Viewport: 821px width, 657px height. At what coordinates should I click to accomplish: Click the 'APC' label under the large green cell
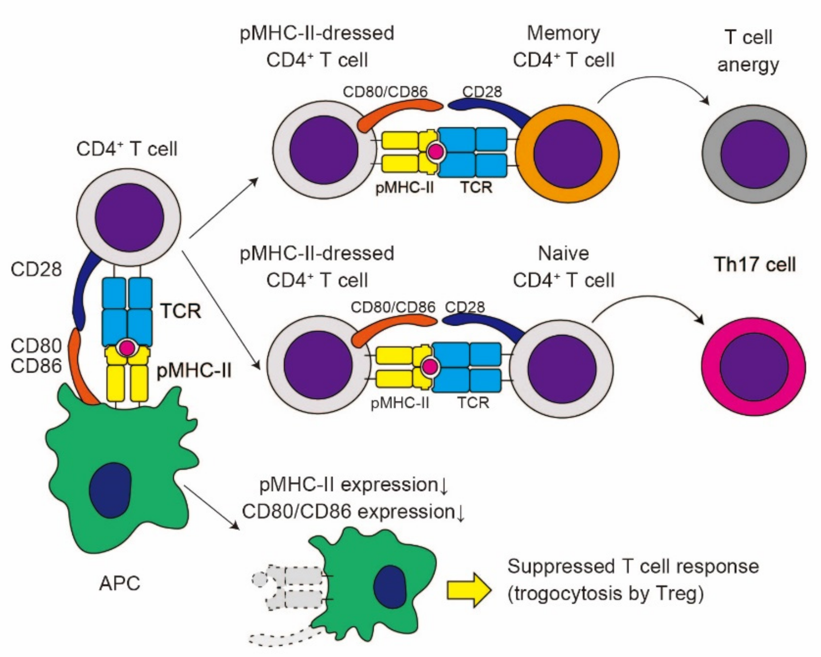[x=120, y=583]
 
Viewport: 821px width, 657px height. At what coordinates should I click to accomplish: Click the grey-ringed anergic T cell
[x=754, y=154]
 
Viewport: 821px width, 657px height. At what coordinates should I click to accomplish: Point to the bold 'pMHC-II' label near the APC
[x=194, y=370]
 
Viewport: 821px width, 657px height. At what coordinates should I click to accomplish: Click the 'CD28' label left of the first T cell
[x=36, y=269]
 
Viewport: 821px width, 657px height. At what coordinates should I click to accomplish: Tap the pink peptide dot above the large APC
[x=127, y=347]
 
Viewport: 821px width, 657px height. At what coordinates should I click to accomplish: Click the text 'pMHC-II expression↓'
[x=354, y=485]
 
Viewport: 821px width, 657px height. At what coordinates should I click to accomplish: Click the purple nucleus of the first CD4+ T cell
[x=129, y=217]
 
